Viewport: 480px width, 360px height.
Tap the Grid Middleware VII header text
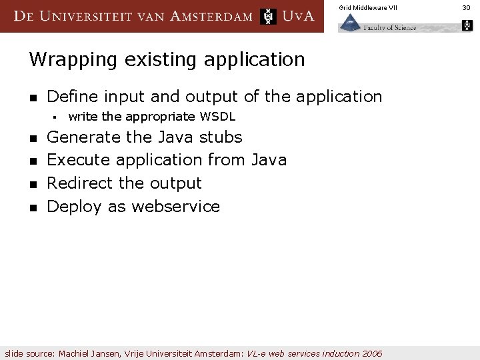pos(367,7)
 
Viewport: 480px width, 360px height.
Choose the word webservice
pos(175,207)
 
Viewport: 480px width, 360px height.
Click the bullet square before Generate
pos(32,139)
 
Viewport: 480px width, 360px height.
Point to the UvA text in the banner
pos(298,16)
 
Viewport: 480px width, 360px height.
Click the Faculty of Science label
pos(391,27)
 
